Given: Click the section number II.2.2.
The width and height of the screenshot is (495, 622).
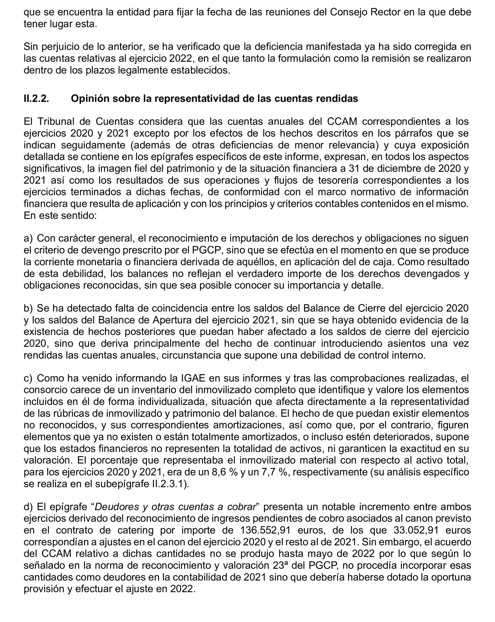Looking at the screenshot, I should tap(36, 99).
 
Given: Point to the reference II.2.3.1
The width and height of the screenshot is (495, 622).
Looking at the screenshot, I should tap(170, 484).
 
